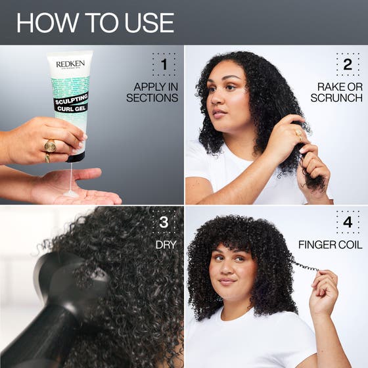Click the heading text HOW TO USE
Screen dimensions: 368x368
95,22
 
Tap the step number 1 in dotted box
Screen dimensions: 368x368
164,64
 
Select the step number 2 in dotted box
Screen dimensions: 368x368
348,64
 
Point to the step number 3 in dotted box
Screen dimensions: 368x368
164,222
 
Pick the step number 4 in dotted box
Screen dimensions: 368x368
348,222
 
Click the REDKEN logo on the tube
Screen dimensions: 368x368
69,64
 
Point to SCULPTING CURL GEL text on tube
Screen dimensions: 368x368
71,103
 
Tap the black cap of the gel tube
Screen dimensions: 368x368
76,155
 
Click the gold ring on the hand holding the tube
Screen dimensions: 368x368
51,145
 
